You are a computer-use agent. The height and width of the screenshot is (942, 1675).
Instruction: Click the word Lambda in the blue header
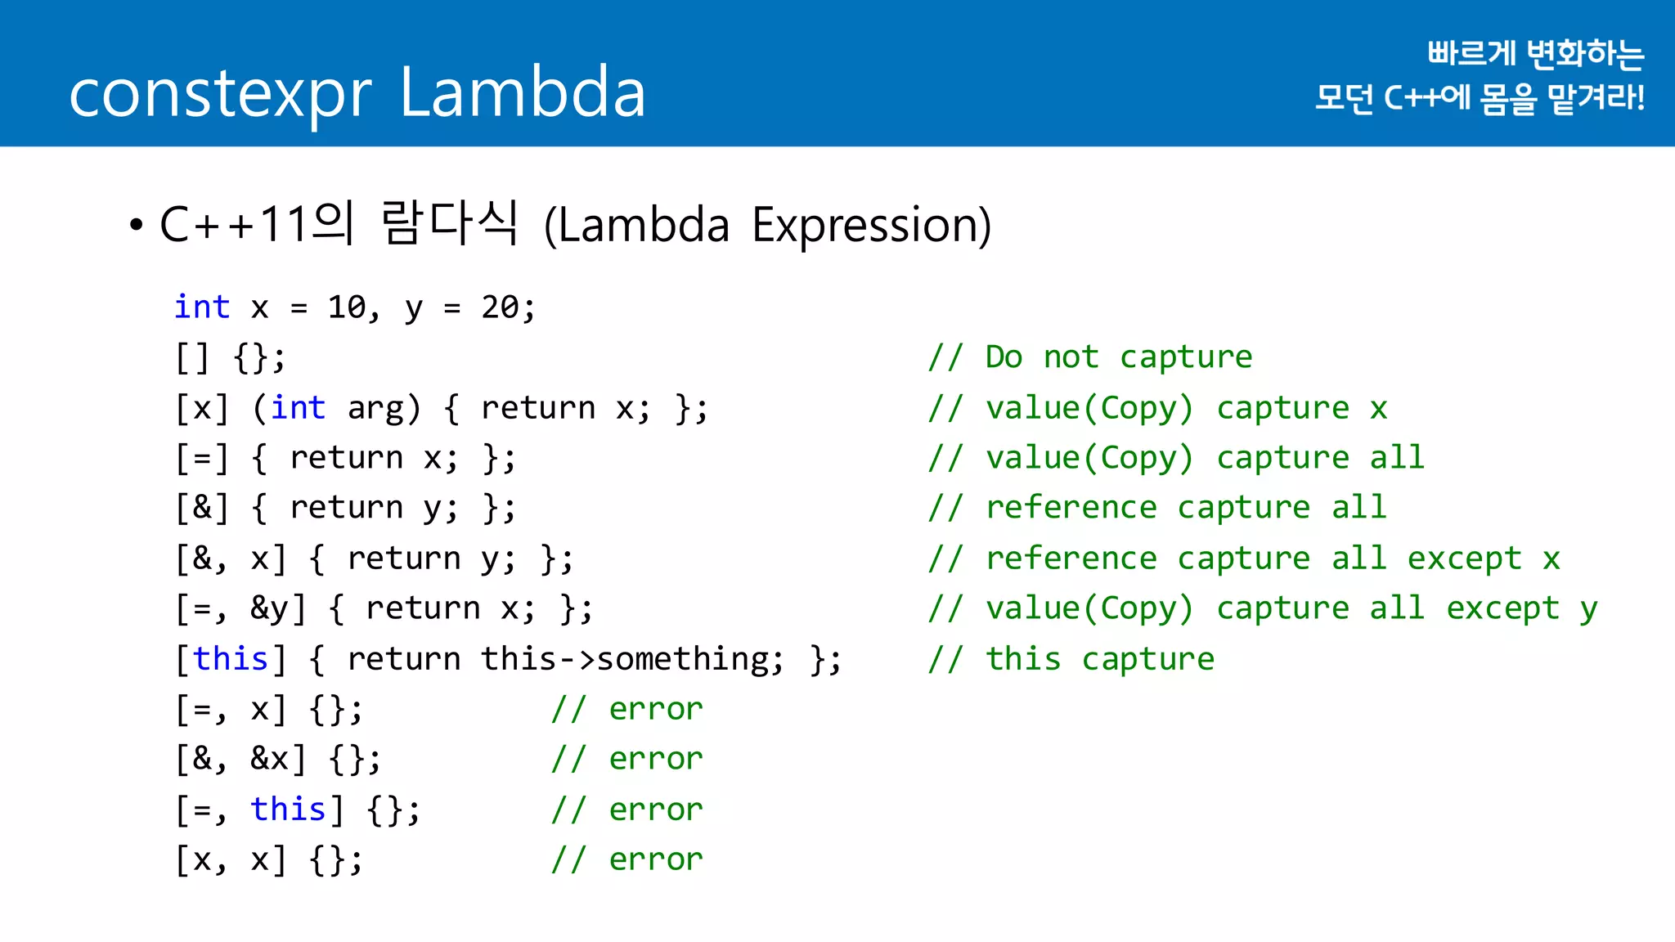pos(523,92)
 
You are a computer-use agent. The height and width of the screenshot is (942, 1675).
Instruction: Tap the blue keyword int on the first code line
pos(202,307)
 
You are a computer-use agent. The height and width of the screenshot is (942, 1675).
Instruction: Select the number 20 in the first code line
pos(500,307)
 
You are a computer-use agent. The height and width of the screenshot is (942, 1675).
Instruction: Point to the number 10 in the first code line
pos(347,307)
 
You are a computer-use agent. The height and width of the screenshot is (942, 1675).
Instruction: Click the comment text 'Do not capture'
pos(1118,357)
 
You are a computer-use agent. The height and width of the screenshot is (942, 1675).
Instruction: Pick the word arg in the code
pos(375,408)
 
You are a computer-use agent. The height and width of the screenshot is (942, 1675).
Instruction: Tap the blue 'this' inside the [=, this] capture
pos(288,810)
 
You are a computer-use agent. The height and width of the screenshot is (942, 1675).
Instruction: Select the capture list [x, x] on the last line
pos(231,860)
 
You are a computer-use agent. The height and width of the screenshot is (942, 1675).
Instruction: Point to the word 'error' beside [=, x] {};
pos(656,709)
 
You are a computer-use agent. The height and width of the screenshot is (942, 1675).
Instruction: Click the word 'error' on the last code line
pos(656,860)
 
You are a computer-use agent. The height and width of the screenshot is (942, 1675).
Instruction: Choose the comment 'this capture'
pos(1100,659)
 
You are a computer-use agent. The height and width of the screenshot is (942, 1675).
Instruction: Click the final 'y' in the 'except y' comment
pos(1588,610)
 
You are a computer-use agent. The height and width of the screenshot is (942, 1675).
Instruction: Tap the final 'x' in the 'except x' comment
pos(1551,559)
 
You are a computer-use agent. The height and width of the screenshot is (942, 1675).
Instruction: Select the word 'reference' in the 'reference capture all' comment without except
pos(1071,508)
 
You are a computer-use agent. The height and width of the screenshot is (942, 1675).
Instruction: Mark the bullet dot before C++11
pos(137,225)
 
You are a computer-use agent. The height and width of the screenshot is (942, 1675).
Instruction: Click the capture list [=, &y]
pos(241,609)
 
